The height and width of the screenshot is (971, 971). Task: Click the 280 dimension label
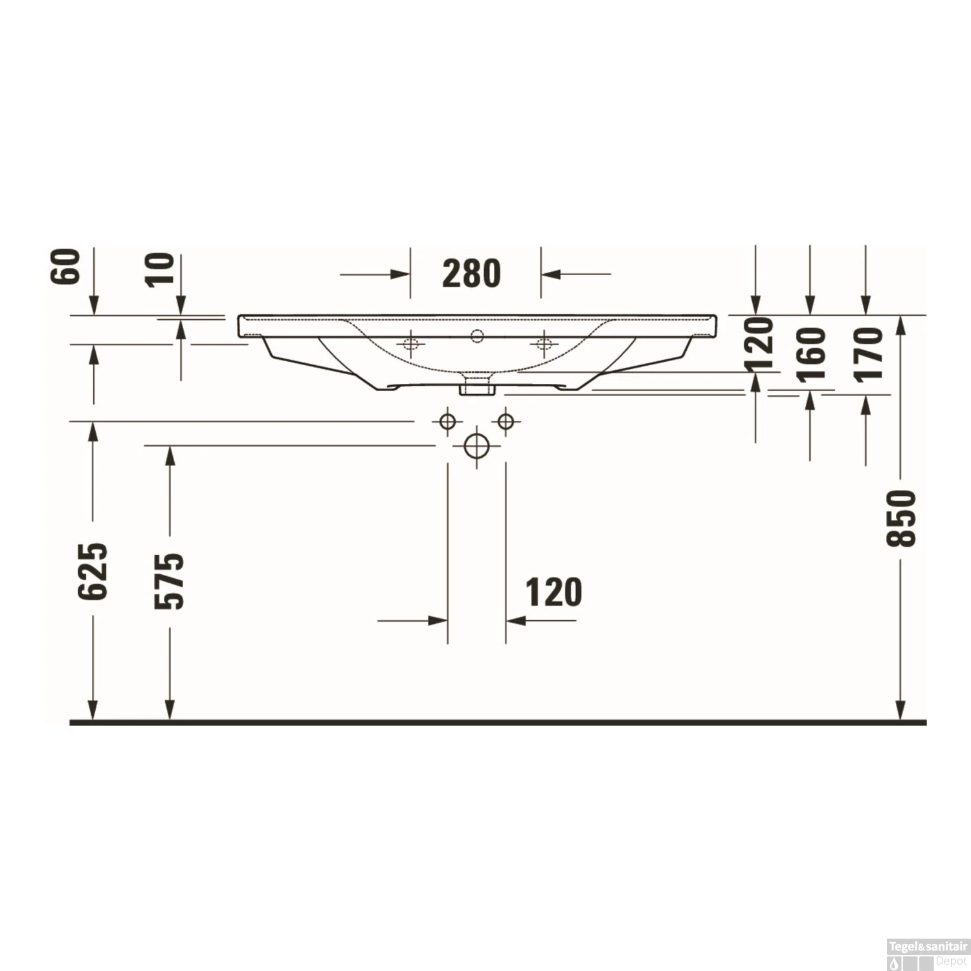point(471,274)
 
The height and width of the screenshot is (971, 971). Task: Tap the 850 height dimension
point(901,518)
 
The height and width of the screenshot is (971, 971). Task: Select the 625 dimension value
point(93,571)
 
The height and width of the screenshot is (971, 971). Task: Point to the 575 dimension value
point(170,581)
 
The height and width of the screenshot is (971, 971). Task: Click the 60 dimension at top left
point(65,266)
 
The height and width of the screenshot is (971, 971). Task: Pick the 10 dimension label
point(159,269)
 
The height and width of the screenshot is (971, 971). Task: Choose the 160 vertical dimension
point(811,354)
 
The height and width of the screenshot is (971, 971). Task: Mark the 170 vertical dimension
point(868,354)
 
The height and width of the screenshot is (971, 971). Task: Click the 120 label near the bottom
point(553,592)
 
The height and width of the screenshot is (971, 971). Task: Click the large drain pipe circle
point(476,446)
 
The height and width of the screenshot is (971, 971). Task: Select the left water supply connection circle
point(447,422)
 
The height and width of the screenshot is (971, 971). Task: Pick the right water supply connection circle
point(506,422)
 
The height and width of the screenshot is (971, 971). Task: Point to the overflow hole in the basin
point(477,335)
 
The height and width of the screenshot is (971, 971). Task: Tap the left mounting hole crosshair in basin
point(410,343)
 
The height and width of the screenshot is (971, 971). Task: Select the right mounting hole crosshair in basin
point(544,343)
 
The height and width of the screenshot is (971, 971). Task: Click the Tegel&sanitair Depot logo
point(928,954)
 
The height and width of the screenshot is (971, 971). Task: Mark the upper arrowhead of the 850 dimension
point(900,324)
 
